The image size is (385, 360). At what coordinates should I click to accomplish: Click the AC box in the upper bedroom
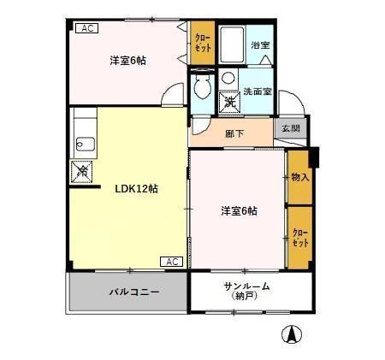(x=88, y=28)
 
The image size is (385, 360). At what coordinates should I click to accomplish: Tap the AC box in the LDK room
(x=170, y=261)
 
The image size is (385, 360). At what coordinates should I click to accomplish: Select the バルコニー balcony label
(x=133, y=292)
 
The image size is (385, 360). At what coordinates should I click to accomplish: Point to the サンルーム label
(x=246, y=286)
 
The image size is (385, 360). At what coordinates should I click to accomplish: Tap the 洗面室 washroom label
(x=256, y=91)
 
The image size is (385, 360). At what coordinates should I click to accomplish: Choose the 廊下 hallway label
(x=234, y=133)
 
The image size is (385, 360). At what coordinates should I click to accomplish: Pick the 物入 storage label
(x=299, y=177)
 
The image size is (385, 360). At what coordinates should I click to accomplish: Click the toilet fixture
(x=202, y=88)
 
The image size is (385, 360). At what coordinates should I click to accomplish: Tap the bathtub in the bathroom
(x=232, y=44)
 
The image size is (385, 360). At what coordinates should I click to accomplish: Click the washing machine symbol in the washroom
(x=229, y=101)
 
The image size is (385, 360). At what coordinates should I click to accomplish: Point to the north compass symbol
(x=292, y=334)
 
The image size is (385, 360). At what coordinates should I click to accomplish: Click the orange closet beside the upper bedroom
(x=202, y=42)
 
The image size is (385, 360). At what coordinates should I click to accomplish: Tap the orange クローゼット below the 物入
(x=299, y=237)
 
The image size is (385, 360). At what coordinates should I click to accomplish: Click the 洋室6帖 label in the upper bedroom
(x=127, y=61)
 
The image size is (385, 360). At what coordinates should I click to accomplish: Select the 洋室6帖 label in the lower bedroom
(x=239, y=211)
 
